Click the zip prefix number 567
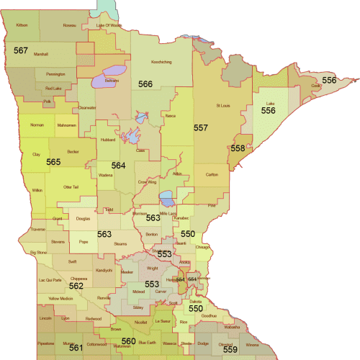click(20, 50)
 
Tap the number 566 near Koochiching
click(145, 84)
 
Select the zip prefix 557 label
click(200, 127)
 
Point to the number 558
click(237, 148)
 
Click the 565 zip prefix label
click(53, 163)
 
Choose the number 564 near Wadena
click(118, 166)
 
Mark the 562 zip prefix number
click(76, 286)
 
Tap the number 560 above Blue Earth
click(128, 341)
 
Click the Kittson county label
click(22, 25)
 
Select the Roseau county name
click(69, 25)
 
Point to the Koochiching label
click(160, 62)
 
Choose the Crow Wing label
click(147, 182)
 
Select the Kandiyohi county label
click(104, 270)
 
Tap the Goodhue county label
click(209, 315)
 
